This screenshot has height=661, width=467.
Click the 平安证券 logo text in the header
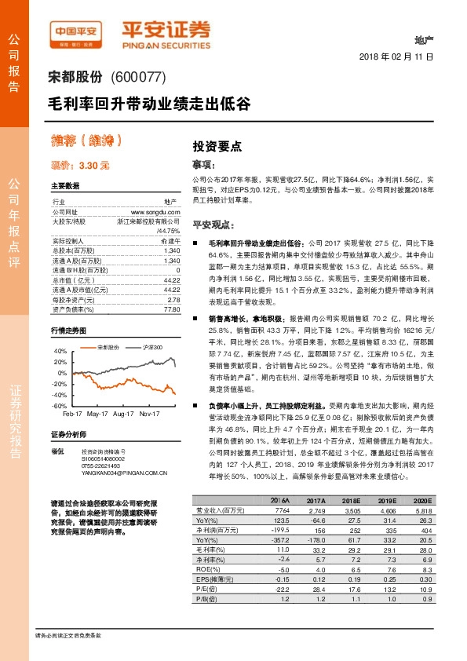pyautogui.click(x=165, y=29)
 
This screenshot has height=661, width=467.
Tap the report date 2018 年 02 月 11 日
pyautogui.click(x=396, y=57)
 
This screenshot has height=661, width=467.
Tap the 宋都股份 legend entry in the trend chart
pyautogui.click(x=108, y=346)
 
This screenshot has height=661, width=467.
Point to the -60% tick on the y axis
pyautogui.click(x=60, y=405)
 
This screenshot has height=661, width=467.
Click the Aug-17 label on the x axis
pyautogui.click(x=123, y=413)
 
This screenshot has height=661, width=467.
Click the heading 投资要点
pyautogui.click(x=217, y=146)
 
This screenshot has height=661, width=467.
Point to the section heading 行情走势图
pyautogui.click(x=68, y=330)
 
